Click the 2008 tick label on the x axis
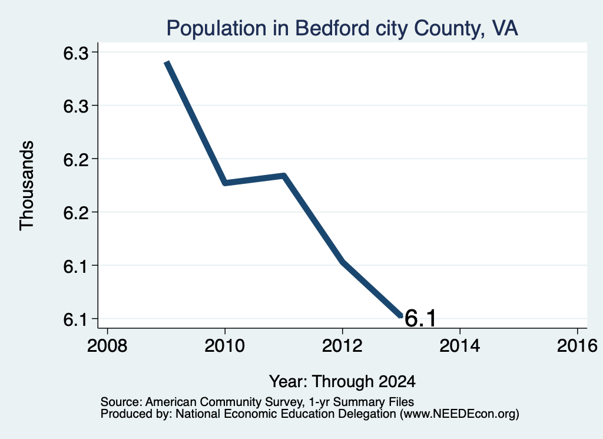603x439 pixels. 107,345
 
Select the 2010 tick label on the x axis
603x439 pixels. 224,345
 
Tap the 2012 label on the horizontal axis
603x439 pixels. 342,345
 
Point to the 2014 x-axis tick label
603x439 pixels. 459,345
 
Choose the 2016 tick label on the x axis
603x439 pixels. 577,345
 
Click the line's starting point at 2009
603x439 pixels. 167,62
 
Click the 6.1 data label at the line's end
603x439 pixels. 420,319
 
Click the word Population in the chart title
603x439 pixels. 216,28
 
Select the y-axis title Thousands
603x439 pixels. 27,186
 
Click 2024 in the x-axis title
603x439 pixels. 397,382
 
